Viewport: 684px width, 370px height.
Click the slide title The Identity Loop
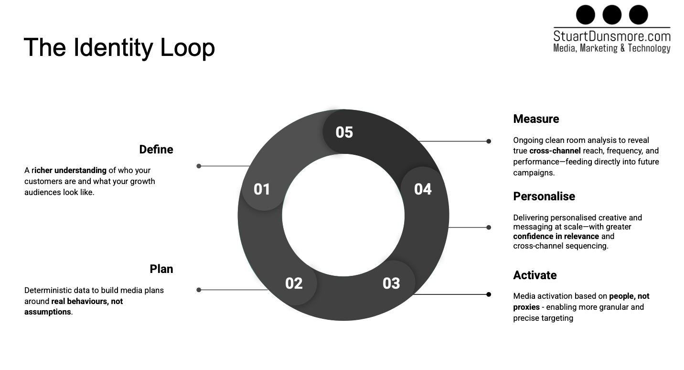point(119,47)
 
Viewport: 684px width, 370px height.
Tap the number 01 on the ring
point(262,189)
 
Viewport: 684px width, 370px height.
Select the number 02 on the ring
point(294,283)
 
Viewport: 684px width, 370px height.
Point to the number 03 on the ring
point(391,283)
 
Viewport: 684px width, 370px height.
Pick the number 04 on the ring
point(423,189)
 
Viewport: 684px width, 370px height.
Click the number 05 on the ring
point(344,132)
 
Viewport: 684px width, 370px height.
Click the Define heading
point(156,150)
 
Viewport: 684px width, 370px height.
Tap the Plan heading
point(161,269)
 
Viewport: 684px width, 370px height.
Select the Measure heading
point(536,119)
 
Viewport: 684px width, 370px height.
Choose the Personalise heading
point(544,196)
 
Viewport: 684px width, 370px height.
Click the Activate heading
point(535,275)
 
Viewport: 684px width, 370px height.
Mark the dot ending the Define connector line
point(199,166)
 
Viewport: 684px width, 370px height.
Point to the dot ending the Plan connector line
point(199,290)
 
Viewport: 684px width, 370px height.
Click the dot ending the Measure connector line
point(489,141)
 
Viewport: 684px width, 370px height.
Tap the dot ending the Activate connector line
point(489,294)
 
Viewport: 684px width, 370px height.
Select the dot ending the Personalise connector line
point(489,228)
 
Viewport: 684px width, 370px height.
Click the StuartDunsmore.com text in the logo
point(612,36)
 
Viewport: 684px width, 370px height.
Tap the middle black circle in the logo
point(612,15)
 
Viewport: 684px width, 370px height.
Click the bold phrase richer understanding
point(70,170)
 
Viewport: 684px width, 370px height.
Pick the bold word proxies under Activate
point(526,307)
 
